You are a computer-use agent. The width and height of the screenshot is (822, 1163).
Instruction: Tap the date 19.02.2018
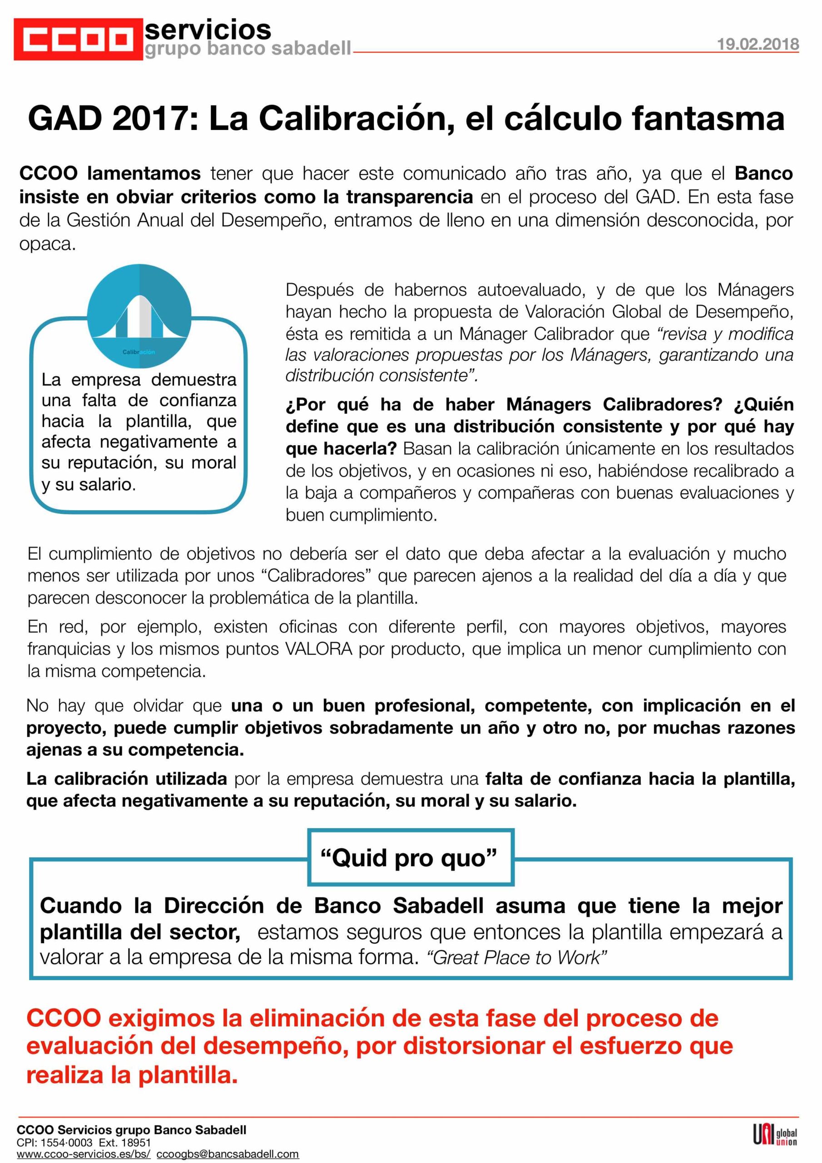[x=758, y=44]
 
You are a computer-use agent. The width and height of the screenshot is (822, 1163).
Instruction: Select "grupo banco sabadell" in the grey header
[x=248, y=49]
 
